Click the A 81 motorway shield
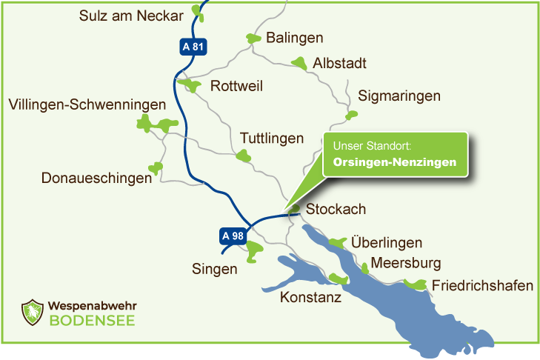coord(192,47)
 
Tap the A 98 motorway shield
coord(232,236)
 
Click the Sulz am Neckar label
coord(131,16)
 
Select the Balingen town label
coord(295,38)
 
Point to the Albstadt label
coord(340,64)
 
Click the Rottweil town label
coord(237,86)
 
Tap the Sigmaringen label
coord(399,96)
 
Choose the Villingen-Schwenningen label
coord(87,105)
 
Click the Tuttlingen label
coord(272,139)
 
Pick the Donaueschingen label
coord(92,179)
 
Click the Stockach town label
coord(336,210)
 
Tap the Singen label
coord(214,269)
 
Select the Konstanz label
coord(310,298)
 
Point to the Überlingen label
coord(387,243)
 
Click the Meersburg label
coord(406,263)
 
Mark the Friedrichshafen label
coord(482,286)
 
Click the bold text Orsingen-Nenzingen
coord(395,161)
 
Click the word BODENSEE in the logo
coord(93,321)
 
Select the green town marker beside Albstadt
coord(299,64)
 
